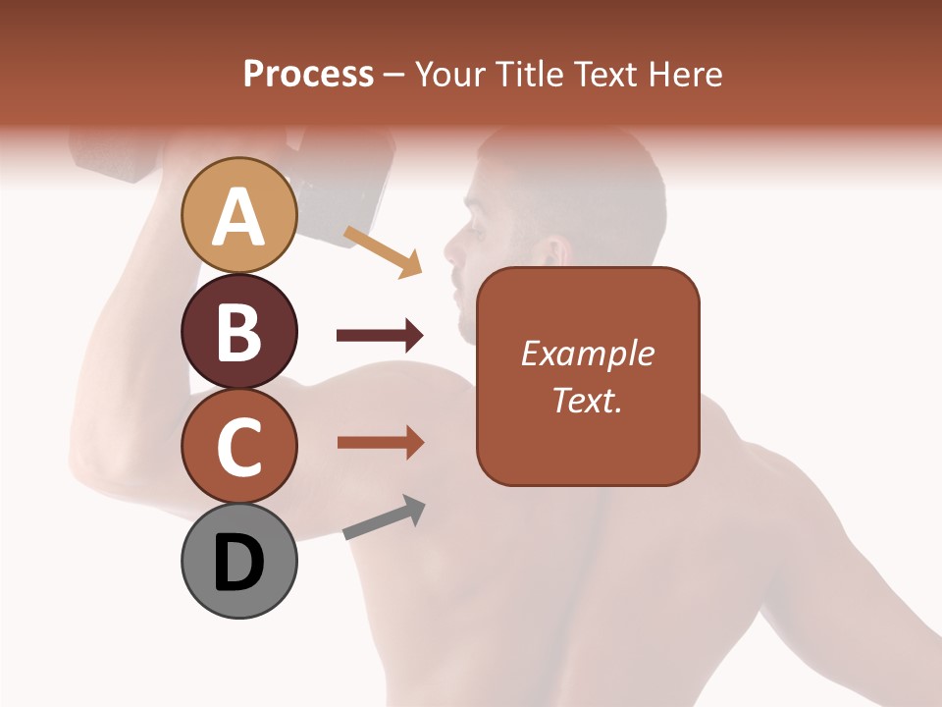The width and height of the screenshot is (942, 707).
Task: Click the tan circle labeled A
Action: tap(238, 216)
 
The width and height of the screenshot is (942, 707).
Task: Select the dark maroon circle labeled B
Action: tap(238, 332)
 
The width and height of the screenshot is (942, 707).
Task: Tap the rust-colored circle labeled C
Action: tap(238, 447)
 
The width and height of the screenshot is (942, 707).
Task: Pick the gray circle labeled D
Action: tap(238, 562)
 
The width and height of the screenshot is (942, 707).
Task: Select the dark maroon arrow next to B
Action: tap(380, 336)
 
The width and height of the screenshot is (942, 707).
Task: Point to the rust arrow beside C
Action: tap(380, 443)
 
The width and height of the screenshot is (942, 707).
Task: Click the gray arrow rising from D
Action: tap(384, 517)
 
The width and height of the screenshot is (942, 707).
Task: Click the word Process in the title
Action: tap(308, 75)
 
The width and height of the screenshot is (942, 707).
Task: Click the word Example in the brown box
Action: tap(587, 354)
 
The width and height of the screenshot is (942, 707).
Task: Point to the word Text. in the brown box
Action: tap(587, 400)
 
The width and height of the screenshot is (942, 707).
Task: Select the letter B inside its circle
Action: tap(238, 332)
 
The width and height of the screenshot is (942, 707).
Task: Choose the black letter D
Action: tap(238, 563)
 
